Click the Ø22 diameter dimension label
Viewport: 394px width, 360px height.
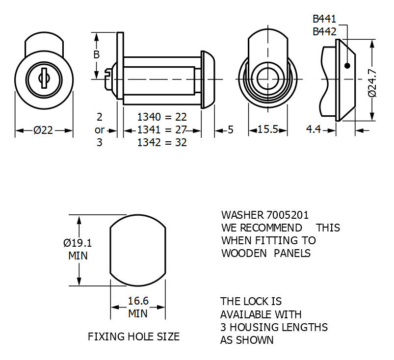click(x=44, y=130)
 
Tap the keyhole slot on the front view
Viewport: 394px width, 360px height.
click(x=44, y=77)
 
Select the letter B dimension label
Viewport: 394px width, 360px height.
click(x=96, y=54)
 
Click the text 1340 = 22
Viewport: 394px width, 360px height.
click(x=162, y=117)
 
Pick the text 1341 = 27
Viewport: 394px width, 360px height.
click(x=162, y=130)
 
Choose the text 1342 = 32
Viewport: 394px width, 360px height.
click(x=162, y=143)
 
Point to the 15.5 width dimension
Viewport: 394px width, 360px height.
click(x=268, y=130)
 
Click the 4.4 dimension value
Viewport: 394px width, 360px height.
click(x=314, y=130)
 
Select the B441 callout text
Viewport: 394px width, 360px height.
click(x=324, y=19)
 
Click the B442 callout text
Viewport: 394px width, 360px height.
click(x=324, y=32)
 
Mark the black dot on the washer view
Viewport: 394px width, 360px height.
click(x=347, y=66)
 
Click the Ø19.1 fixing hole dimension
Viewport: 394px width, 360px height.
click(x=78, y=243)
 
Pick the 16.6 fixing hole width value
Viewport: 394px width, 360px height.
click(x=138, y=301)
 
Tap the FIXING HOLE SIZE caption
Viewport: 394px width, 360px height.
click(x=133, y=337)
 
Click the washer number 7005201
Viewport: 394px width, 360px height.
click(x=288, y=215)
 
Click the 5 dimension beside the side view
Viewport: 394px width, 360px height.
click(x=231, y=130)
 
